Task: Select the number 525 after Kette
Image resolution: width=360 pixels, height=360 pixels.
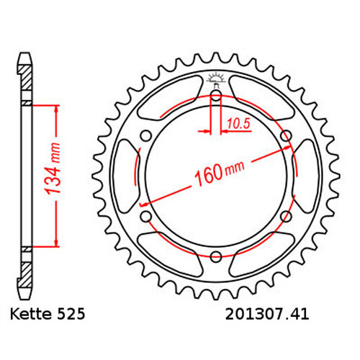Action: click(x=73, y=315)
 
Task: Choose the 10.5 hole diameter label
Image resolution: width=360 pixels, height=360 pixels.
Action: click(x=236, y=125)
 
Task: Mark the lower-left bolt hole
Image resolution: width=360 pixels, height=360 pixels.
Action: click(x=146, y=215)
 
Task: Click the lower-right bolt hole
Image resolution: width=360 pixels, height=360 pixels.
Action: click(x=286, y=215)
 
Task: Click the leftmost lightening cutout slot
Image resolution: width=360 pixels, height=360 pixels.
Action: click(x=127, y=175)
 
